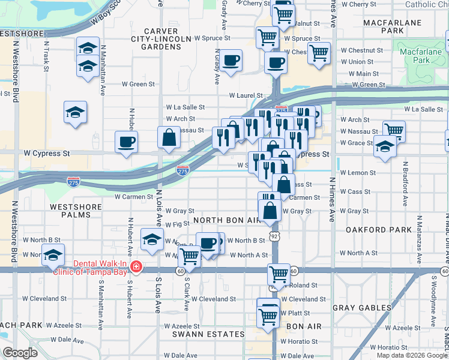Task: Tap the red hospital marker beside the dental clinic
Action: (136, 266)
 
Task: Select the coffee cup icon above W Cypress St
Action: (127, 143)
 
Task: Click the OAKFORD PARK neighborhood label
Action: (379, 230)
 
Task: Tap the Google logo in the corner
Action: (20, 353)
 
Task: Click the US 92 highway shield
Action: (273, 237)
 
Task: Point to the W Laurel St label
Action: (246, 95)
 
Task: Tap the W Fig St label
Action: (176, 224)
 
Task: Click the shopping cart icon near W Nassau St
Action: (394, 130)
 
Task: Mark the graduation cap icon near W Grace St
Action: (384, 146)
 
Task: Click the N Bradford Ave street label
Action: (405, 184)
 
